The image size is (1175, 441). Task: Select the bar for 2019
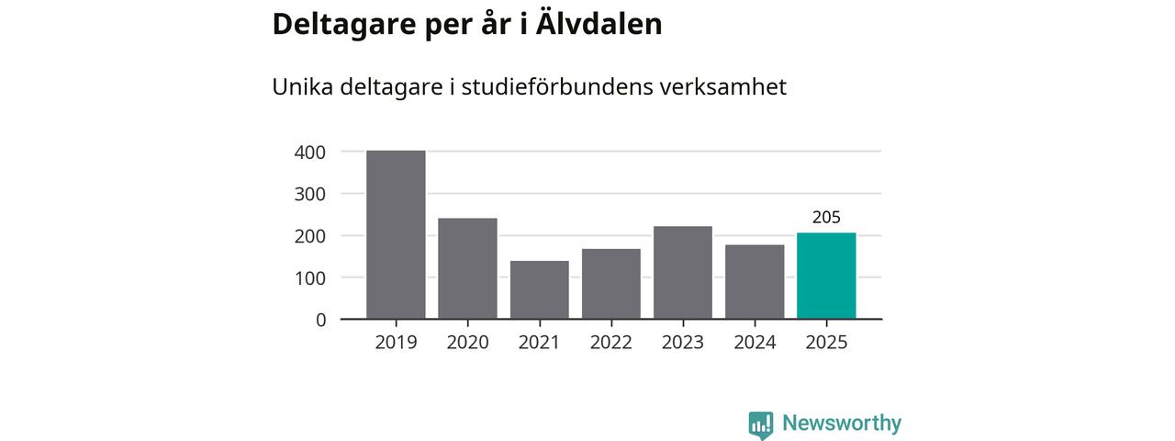pyautogui.click(x=396, y=235)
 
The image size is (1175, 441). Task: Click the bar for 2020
pyautogui.click(x=467, y=268)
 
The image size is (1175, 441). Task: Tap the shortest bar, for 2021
pyautogui.click(x=539, y=290)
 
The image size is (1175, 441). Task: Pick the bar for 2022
pyautogui.click(x=611, y=284)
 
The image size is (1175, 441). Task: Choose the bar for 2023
pyautogui.click(x=683, y=273)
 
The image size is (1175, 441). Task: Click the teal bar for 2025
pyautogui.click(x=826, y=276)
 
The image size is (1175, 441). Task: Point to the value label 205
pyautogui.click(x=826, y=218)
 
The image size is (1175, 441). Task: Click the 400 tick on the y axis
pyautogui.click(x=309, y=153)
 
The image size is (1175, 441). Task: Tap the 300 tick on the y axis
pyautogui.click(x=309, y=194)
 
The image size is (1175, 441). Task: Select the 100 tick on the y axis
pyautogui.click(x=309, y=277)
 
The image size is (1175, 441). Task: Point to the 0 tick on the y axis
pyautogui.click(x=320, y=320)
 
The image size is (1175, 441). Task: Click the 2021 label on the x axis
pyautogui.click(x=539, y=343)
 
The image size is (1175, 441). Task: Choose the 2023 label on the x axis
pyautogui.click(x=683, y=343)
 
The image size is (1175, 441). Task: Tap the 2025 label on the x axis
pyautogui.click(x=826, y=343)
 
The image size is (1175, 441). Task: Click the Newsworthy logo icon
pyautogui.click(x=760, y=424)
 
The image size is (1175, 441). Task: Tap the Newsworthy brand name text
pyautogui.click(x=842, y=424)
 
